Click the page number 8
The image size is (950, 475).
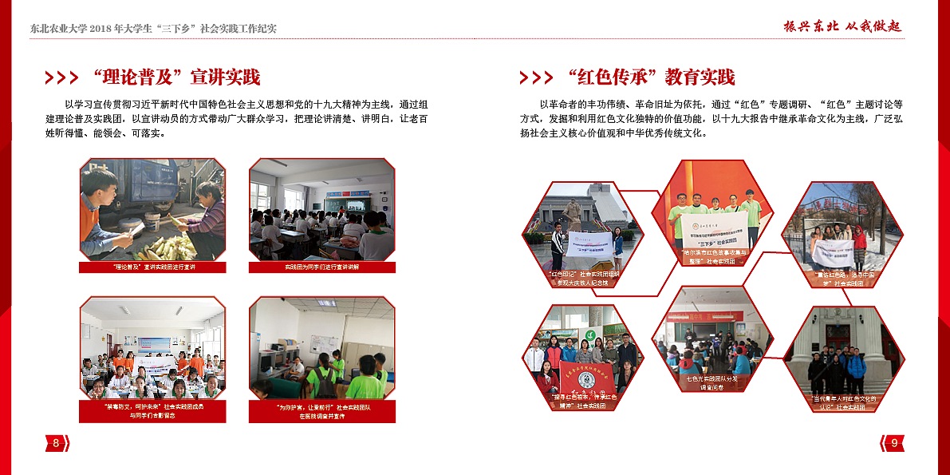(56, 443)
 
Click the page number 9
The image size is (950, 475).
(893, 443)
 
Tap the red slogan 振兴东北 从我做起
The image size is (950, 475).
(842, 26)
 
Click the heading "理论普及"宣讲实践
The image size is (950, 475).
(176, 77)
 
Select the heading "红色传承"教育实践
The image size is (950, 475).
(651, 77)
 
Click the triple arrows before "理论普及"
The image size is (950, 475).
(61, 78)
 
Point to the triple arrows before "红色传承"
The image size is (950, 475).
(536, 78)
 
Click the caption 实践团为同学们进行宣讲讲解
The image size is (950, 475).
(321, 267)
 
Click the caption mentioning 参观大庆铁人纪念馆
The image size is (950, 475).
(582, 278)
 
